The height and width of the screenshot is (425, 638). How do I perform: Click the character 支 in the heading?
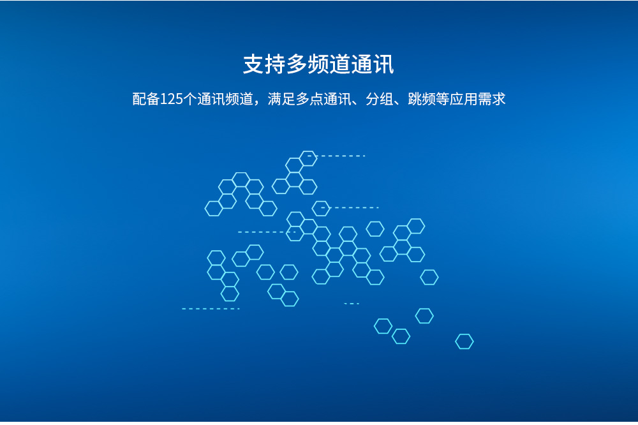tap(253, 64)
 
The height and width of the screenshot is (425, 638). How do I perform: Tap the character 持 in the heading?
tap(275, 64)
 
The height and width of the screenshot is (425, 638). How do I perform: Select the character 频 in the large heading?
tap(318, 64)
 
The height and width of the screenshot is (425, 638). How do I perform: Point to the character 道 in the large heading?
tap(340, 64)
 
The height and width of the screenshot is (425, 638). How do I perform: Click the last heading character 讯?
tap(383, 64)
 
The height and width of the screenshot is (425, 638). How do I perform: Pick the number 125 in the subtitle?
tap(171, 99)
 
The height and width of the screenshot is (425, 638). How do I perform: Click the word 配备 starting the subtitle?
tap(146, 99)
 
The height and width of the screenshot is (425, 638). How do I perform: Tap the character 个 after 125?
tap(189, 99)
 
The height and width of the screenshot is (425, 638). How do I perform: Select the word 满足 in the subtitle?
tap(281, 99)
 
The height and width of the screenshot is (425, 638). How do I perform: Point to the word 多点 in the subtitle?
tap(309, 99)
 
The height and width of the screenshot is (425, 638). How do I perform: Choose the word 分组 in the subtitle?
tap(380, 99)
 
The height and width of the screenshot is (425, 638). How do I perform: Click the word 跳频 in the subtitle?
tap(422, 99)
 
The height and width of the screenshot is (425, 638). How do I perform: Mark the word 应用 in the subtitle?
tap(464, 99)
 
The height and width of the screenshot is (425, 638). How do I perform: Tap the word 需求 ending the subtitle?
tap(491, 99)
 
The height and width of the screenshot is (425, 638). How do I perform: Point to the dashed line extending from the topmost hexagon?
tap(336, 156)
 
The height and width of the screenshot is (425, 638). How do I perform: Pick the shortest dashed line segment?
tap(352, 304)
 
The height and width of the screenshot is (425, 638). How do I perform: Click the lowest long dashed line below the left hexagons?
tap(211, 309)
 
